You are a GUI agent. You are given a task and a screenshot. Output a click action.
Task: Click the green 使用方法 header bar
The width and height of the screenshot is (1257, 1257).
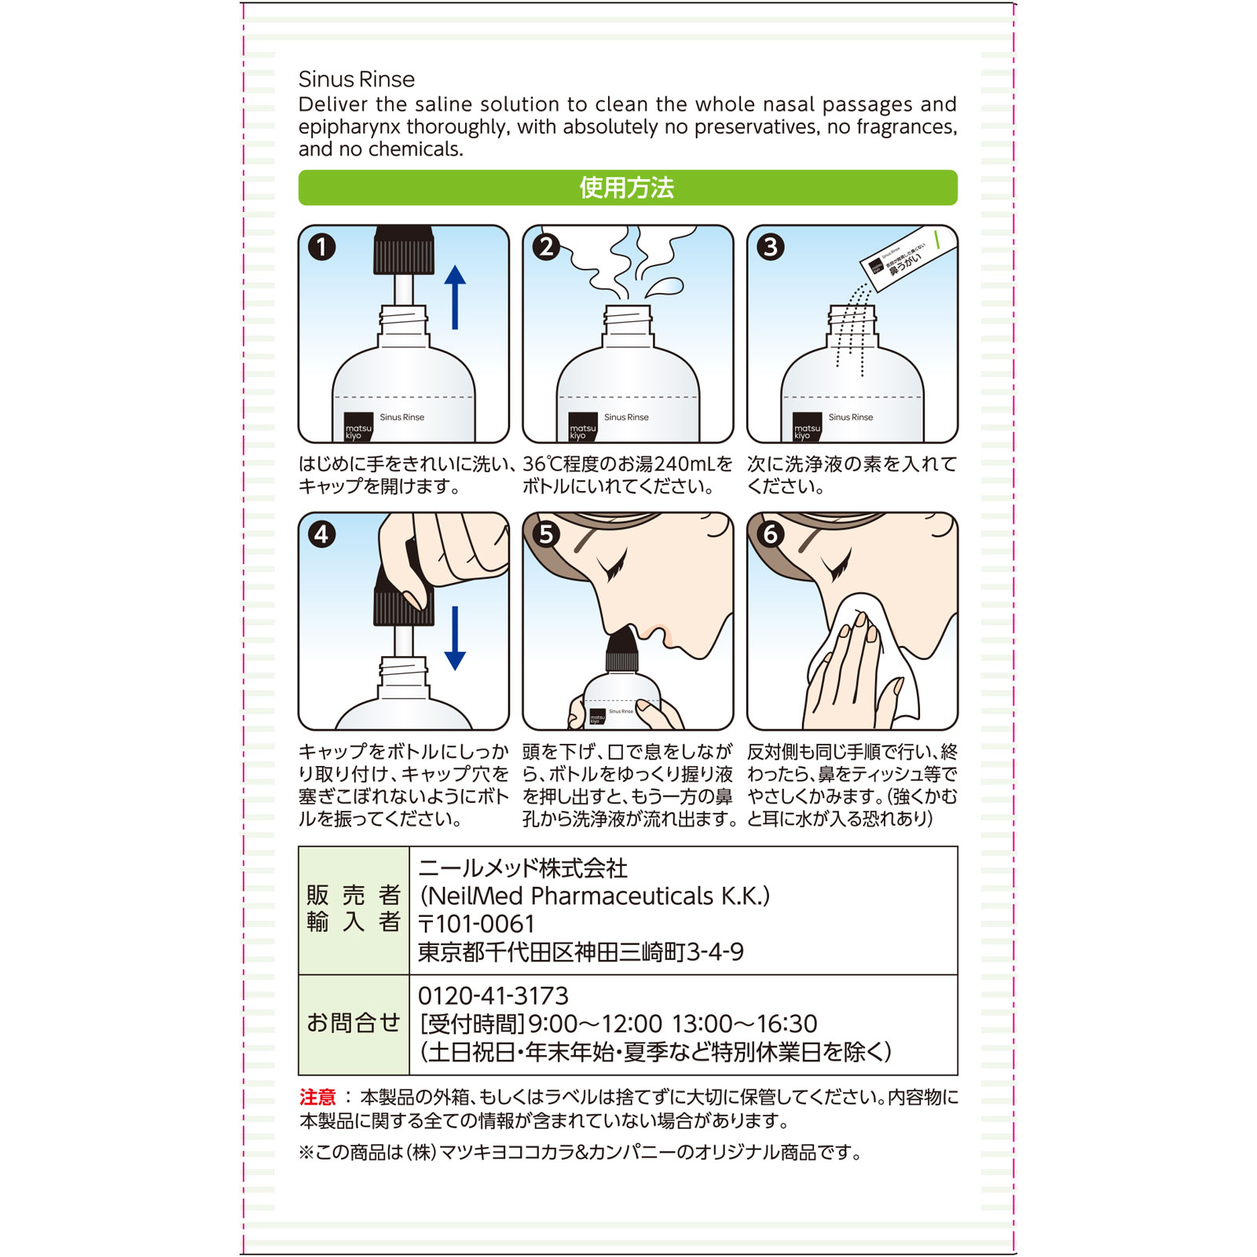tap(627, 188)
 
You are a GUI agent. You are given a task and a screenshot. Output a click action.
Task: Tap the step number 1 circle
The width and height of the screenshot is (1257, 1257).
tap(321, 247)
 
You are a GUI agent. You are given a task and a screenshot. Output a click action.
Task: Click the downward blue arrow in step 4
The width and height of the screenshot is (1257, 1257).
tap(455, 638)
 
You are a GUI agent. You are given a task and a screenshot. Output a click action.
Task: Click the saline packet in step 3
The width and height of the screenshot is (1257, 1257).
tap(908, 260)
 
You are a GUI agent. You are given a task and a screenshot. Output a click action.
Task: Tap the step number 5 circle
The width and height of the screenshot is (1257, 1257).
tap(546, 534)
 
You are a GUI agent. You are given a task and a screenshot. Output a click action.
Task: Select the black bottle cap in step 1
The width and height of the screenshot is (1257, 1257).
tap(404, 251)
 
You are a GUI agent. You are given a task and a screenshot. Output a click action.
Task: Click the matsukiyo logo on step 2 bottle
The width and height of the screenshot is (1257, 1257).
tap(582, 427)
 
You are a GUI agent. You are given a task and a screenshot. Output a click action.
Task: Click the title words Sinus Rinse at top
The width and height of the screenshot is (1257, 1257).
tap(356, 79)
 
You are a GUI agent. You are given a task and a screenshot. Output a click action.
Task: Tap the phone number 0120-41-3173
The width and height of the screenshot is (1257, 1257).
tap(493, 996)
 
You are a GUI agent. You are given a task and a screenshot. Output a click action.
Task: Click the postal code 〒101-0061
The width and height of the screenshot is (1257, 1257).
tap(476, 924)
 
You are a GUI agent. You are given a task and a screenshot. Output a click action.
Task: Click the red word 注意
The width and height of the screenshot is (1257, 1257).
tap(317, 1097)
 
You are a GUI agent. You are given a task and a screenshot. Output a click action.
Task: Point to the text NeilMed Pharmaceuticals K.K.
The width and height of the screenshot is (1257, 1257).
tap(595, 896)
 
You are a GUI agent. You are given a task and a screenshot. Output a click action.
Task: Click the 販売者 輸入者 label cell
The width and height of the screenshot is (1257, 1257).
tap(354, 909)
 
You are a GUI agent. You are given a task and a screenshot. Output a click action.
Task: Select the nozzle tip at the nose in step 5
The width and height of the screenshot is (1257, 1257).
tap(622, 641)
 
